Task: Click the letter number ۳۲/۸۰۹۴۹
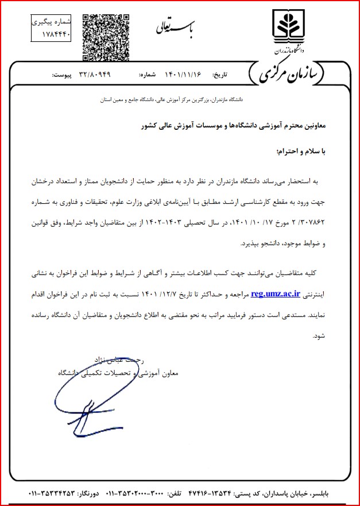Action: (x=91, y=75)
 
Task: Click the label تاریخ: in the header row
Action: (x=221, y=75)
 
